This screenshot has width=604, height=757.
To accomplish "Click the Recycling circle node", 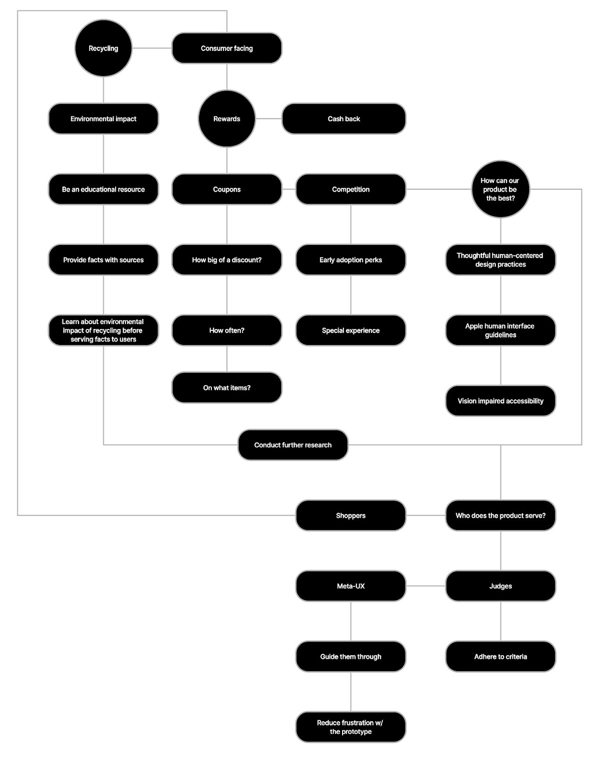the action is [x=103, y=48].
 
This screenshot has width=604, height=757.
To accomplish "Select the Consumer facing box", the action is [x=226, y=48].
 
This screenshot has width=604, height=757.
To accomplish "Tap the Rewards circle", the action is [x=226, y=118].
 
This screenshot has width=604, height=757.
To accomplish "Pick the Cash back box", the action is [x=344, y=118].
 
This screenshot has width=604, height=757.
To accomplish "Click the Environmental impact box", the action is [x=103, y=118].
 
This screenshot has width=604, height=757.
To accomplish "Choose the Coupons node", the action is [x=226, y=189].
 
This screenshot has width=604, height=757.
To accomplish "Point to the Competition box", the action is [x=351, y=189].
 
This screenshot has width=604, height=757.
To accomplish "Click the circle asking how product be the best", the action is [x=500, y=189].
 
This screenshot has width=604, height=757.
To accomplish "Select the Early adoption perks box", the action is [x=351, y=260].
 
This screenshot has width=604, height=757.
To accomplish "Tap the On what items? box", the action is [x=226, y=387].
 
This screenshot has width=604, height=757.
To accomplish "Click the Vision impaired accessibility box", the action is [x=500, y=401].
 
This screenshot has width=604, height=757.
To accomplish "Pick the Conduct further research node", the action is [x=293, y=445].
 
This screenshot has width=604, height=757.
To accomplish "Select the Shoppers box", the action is [x=351, y=515].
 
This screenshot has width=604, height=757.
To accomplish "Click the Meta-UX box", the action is [x=351, y=586].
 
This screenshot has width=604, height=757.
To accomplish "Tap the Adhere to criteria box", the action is [x=500, y=656].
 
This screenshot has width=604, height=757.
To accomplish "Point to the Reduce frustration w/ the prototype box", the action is [x=351, y=727].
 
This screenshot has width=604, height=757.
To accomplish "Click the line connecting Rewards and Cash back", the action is [x=269, y=118].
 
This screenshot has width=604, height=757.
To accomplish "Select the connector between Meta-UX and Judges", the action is [x=426, y=586].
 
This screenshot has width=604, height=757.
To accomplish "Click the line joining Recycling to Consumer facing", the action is [x=151, y=48].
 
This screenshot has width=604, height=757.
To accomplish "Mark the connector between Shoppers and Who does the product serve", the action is [x=426, y=515].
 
